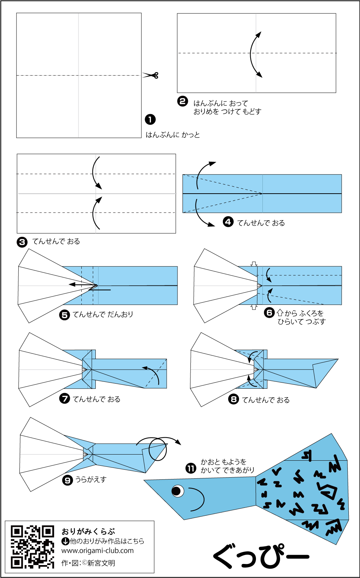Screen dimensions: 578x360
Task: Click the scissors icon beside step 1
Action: pyautogui.click(x=151, y=75)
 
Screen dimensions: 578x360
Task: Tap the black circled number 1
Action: pyautogui.click(x=150, y=119)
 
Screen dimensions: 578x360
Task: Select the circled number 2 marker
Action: pyautogui.click(x=183, y=101)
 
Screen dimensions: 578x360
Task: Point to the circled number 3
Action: pyautogui.click(x=22, y=242)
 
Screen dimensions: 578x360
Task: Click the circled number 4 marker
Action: pyautogui.click(x=228, y=222)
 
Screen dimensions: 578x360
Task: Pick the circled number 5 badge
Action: pyautogui.click(x=64, y=315)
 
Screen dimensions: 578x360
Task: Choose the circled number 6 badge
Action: pyautogui.click(x=269, y=312)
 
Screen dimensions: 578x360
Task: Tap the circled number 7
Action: pyautogui.click(x=64, y=398)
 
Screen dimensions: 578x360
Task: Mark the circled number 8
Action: pyautogui.click(x=234, y=399)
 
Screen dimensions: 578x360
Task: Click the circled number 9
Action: pyautogui.click(x=68, y=480)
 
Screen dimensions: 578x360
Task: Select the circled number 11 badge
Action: pyautogui.click(x=191, y=468)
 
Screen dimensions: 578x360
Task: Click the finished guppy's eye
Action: pyautogui.click(x=177, y=491)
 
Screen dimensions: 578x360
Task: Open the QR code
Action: pyautogui.click(x=32, y=547)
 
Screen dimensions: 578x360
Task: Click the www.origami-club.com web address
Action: pyautogui.click(x=97, y=551)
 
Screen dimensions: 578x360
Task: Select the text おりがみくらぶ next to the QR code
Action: pyautogui.click(x=88, y=531)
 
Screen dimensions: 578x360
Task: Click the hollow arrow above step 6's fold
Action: pyautogui.click(x=254, y=264)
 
